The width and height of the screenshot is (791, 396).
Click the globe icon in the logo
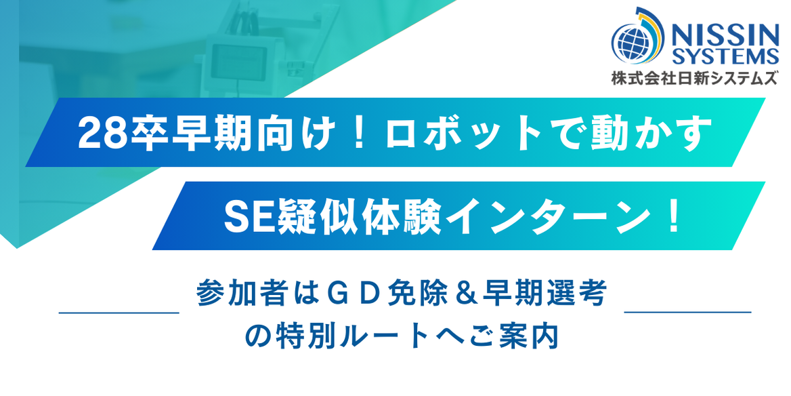point(632,42)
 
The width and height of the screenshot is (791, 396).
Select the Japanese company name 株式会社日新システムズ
point(695,78)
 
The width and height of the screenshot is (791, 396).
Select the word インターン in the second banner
point(540,216)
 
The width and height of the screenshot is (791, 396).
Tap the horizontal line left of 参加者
point(119,313)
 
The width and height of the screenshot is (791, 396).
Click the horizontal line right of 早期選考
point(687,313)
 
